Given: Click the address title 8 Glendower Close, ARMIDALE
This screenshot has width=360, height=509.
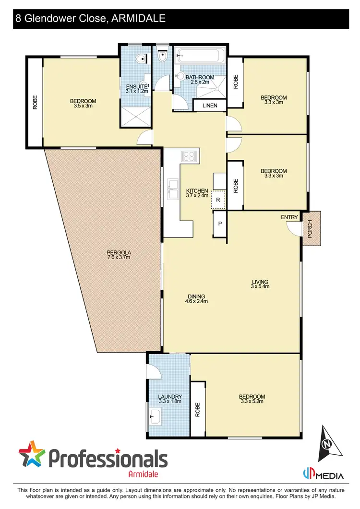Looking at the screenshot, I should coord(91,19).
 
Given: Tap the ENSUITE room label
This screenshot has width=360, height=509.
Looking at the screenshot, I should coord(135,88).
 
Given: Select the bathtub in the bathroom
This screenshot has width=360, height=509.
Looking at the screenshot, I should coord(200,57).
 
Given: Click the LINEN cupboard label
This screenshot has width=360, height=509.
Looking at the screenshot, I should coord(209,106).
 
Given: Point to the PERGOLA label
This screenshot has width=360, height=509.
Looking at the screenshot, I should coord(120,255).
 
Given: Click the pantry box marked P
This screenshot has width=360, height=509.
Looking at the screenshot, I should coord(220,224).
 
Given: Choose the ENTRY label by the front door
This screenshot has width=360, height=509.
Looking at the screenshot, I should coord(289,217).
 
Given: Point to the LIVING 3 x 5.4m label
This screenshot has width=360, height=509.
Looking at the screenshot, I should coord(259,284).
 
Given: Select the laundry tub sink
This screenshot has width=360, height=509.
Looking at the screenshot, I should coord(156,414).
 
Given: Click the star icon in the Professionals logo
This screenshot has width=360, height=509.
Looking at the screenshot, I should coord(34,459).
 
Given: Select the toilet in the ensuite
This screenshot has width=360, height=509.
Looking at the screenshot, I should coord(141,59).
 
